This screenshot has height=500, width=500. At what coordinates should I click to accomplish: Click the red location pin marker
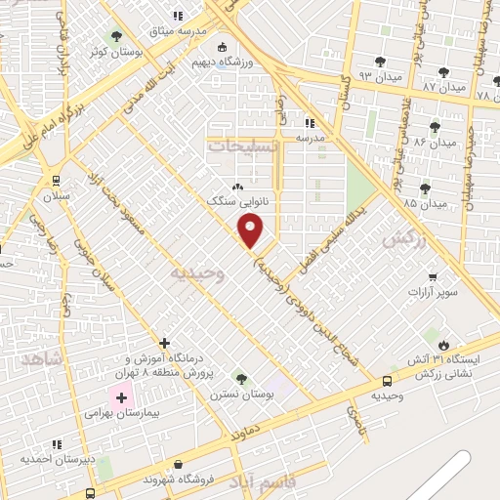pos(252,229)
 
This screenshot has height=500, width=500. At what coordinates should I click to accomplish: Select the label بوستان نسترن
pos(241,393)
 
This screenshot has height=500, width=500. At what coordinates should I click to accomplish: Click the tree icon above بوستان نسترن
pos(241,379)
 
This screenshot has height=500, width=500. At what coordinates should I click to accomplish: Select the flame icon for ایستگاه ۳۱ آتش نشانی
pos(444,345)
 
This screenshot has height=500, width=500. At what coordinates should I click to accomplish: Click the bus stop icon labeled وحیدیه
pos(388,382)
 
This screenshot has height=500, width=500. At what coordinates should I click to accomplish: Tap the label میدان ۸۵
pos(426,203)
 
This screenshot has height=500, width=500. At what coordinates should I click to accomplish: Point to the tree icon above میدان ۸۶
pos(421,128)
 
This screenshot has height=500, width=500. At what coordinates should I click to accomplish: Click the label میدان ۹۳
pos(352,75)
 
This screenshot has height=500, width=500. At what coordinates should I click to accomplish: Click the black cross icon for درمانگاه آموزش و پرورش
pos(164,344)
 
